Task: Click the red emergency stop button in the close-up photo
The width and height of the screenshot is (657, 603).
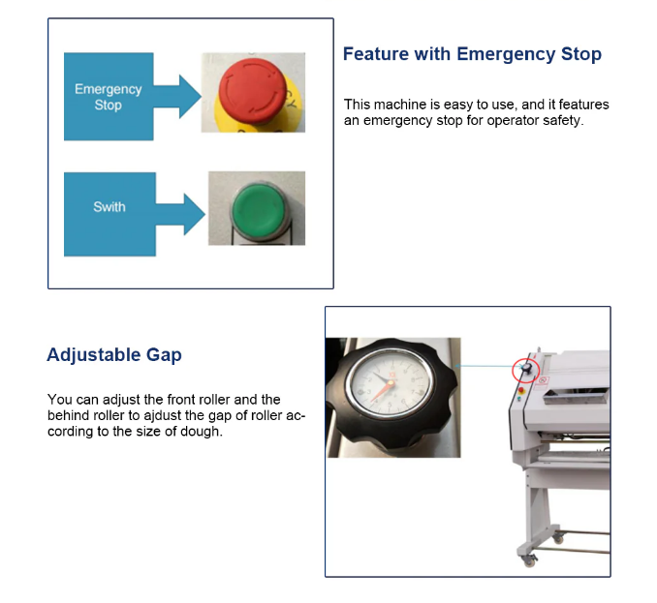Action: (x=252, y=90)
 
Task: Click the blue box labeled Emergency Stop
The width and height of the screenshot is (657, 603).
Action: (x=109, y=97)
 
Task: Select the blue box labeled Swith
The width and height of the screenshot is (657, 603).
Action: (x=109, y=214)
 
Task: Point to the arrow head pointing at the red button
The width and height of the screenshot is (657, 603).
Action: (x=190, y=96)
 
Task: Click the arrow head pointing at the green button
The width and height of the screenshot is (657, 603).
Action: (x=195, y=214)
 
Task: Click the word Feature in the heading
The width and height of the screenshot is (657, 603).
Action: (x=375, y=54)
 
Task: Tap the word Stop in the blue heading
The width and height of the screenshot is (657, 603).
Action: (x=580, y=54)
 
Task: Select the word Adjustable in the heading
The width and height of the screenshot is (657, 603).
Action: (x=93, y=355)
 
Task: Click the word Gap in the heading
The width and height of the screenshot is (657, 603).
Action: (x=164, y=355)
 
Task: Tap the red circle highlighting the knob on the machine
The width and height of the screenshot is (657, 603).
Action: (x=525, y=371)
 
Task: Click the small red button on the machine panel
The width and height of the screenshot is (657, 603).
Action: (x=520, y=390)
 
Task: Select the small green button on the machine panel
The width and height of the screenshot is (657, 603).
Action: (x=519, y=399)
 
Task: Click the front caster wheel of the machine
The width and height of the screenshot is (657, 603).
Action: (x=529, y=560)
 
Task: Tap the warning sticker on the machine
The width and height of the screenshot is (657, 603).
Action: (x=543, y=380)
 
